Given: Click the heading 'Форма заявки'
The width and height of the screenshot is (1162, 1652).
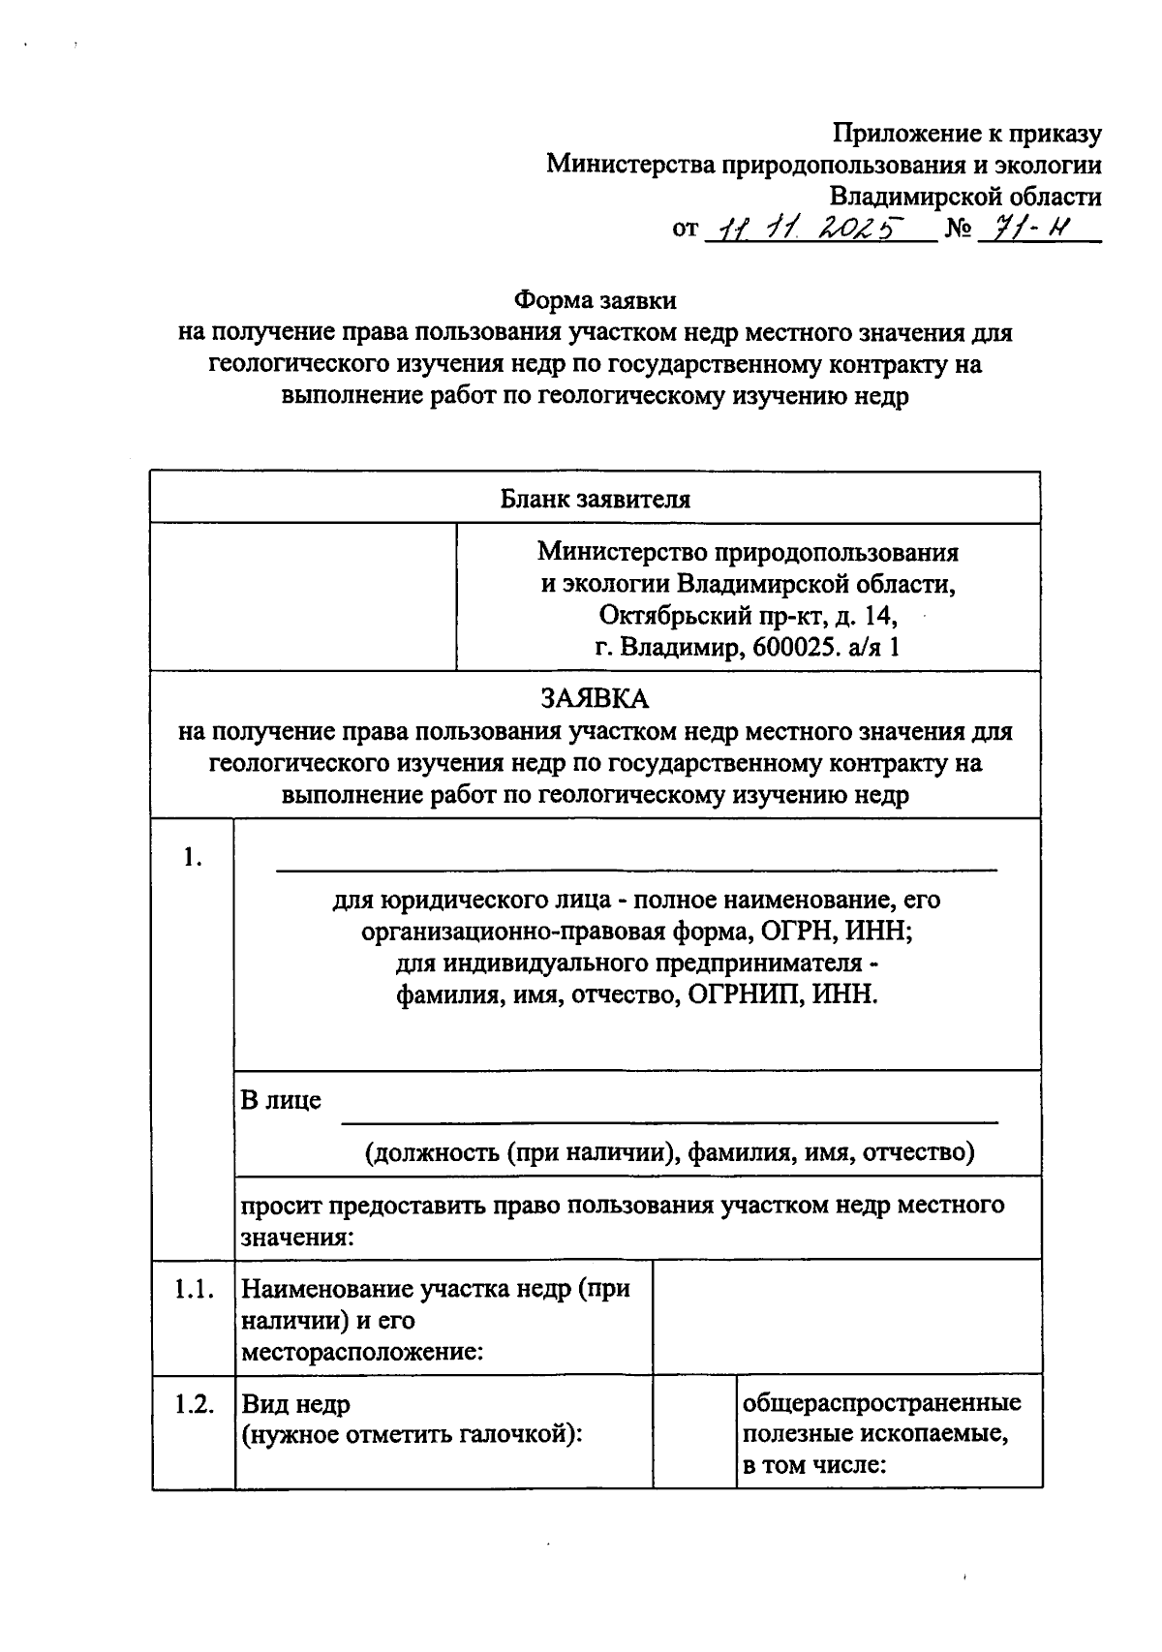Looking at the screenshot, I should tap(595, 300).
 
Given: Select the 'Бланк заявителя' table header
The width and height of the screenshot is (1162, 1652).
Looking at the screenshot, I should tap(595, 500).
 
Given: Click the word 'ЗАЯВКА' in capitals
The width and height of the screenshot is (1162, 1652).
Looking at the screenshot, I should tap(595, 698).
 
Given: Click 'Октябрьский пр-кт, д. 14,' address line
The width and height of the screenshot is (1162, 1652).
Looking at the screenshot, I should tap(748, 615).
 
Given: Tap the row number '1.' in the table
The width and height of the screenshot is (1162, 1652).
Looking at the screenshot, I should tap(192, 858).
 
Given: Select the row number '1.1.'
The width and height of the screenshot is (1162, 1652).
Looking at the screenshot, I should tap(193, 1290).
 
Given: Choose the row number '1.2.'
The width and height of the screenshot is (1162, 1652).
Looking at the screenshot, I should tap(194, 1405).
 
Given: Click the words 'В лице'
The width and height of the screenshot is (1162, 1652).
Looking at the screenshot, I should tap(281, 1101).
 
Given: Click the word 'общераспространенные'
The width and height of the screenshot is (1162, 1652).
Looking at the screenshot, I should tap(881, 1403).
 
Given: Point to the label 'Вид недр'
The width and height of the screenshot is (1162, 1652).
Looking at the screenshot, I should tap(295, 1404).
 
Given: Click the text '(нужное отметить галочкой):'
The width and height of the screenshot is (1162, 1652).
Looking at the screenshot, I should tap(412, 1435).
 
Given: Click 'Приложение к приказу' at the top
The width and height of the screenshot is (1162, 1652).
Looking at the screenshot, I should tap(967, 134).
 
